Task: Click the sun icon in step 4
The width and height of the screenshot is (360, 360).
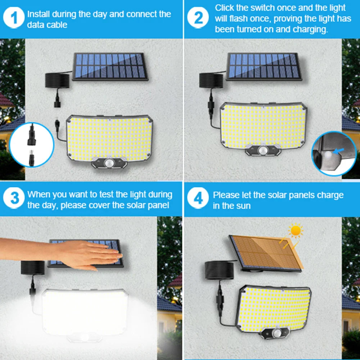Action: coord(296,231)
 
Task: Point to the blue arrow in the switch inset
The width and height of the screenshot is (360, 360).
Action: coord(338,151)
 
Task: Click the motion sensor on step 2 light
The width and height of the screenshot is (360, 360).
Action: coord(263,150)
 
